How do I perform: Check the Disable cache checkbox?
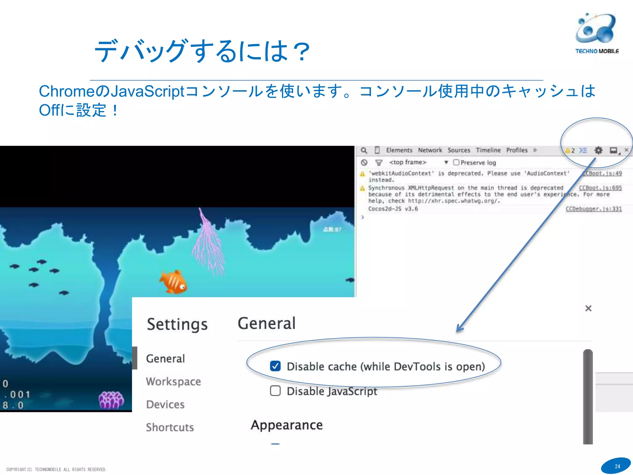[x=275, y=366]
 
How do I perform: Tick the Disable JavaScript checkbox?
[x=275, y=391]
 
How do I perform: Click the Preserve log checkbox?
[x=456, y=162]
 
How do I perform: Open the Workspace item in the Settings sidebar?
[x=173, y=382]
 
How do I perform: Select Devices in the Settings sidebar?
[x=165, y=404]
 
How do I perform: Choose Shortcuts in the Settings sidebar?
[x=170, y=427]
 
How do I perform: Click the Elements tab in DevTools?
[x=399, y=150]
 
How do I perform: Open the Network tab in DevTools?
[x=430, y=150]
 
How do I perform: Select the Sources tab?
[x=459, y=150]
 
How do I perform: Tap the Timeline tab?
[x=488, y=150]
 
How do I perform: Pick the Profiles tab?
[x=517, y=150]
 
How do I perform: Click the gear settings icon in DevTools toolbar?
[x=598, y=150]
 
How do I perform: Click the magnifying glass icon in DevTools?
[x=364, y=150]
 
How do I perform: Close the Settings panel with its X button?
[x=588, y=308]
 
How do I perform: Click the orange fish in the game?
[x=173, y=282]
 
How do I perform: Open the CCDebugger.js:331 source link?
[x=593, y=209]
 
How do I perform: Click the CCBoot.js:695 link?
[x=600, y=188]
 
